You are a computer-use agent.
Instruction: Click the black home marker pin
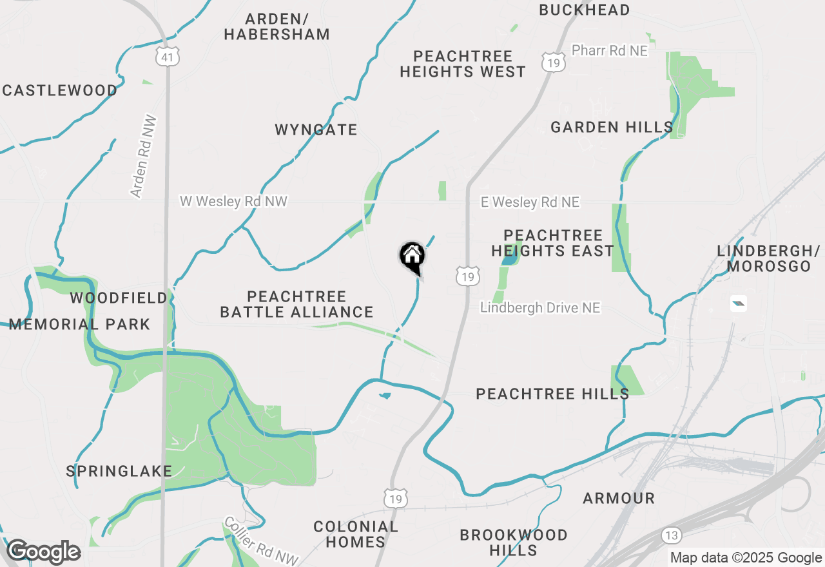point(412,257)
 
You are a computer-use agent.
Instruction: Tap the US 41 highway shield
point(167,58)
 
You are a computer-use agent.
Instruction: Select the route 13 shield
point(671,535)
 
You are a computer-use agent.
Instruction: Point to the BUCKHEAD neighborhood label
point(584,10)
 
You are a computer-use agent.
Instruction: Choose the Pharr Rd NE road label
point(609,50)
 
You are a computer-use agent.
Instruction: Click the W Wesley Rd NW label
point(233,202)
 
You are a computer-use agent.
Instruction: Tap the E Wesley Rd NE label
point(530,202)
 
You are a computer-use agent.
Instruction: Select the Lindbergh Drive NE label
point(540,308)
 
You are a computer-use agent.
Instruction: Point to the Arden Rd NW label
point(143,156)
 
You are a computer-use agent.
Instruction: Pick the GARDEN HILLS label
point(612,127)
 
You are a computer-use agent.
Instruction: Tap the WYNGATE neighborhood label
point(316,130)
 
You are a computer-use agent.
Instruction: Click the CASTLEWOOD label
point(59,90)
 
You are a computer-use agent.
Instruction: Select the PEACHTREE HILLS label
point(552,394)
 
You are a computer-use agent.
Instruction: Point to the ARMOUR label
point(619,498)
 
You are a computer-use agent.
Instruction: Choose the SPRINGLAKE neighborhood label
point(119,471)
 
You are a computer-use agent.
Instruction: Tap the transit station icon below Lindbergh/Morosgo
point(739,303)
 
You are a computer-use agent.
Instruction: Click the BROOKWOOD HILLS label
point(513,543)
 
